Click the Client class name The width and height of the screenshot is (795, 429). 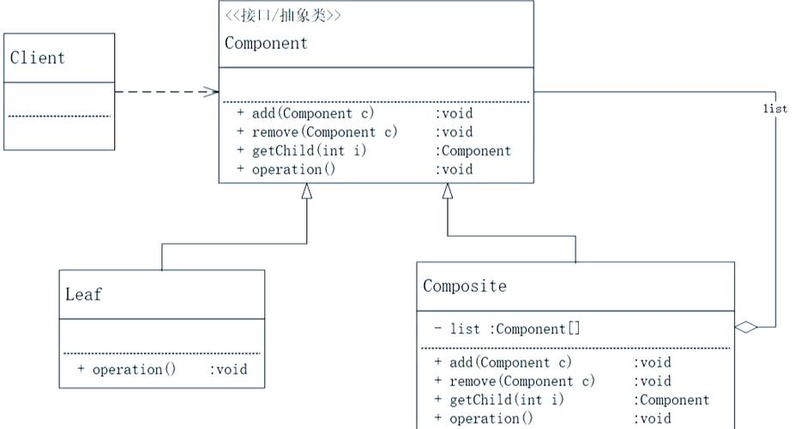[38, 58]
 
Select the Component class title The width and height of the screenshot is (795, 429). [266, 43]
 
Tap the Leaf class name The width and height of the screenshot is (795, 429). [83, 294]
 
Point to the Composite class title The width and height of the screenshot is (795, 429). [464, 286]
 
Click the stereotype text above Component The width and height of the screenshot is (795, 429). [282, 15]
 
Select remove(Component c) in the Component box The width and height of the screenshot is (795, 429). [324, 132]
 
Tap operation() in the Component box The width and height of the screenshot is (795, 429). [292, 170]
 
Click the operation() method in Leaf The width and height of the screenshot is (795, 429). [134, 370]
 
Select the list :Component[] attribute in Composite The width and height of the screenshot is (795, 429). [507, 329]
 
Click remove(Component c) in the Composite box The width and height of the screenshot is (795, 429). [521, 381]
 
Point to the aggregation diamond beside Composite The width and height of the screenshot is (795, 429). [746, 327]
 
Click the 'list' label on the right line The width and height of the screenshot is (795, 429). [774, 109]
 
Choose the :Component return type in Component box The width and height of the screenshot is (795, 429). [473, 151]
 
